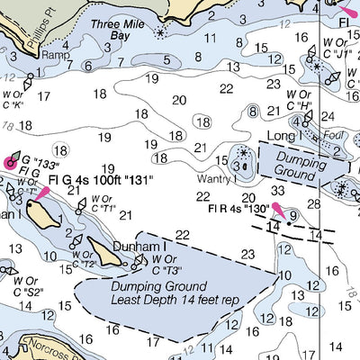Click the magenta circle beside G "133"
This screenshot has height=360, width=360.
[x=11, y=162]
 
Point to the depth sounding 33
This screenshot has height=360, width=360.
[x=278, y=191]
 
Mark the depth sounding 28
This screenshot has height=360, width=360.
[x=313, y=204]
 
